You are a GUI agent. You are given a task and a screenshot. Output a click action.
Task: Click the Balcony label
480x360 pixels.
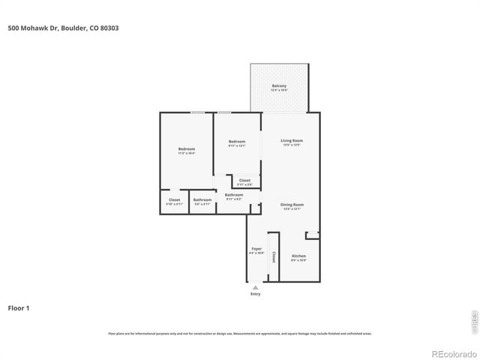pos(279,87)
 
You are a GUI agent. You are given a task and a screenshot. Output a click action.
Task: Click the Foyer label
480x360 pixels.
pos(256,249)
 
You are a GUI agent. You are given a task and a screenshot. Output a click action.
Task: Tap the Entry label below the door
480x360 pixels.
pos(256,294)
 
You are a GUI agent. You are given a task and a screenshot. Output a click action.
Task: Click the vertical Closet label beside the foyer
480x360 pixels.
pos(274,256)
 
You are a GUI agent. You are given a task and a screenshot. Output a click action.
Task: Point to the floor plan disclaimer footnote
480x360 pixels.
pos(240,334)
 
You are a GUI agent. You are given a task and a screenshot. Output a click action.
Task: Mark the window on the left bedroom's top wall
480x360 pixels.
pos(197,113)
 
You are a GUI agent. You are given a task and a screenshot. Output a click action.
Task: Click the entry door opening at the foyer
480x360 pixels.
pos(256,285)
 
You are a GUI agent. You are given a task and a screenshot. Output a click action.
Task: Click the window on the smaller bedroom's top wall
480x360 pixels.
pos(225,113)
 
